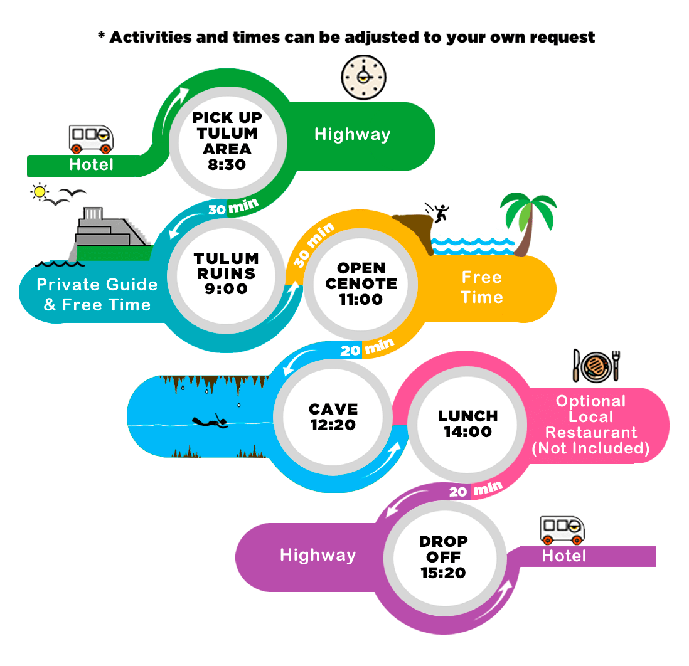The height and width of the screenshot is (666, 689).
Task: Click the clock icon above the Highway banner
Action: coord(363,77)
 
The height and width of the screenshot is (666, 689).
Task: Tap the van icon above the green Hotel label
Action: coord(91,139)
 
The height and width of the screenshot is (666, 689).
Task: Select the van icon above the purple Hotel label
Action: coord(562,531)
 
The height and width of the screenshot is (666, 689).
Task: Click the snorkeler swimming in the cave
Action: coord(210,421)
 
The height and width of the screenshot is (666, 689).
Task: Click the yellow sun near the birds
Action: coord(40,192)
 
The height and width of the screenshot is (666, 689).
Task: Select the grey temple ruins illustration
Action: coord(110,232)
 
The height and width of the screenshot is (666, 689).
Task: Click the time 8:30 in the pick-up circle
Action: coord(227,165)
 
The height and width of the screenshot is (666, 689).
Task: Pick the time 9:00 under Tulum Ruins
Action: coord(227,289)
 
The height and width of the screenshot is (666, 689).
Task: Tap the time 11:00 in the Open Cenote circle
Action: coord(361,299)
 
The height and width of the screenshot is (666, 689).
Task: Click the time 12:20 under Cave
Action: coord(333,425)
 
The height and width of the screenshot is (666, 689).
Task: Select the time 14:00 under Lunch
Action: coord(468,432)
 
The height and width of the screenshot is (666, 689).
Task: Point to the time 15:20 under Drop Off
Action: coord(443,573)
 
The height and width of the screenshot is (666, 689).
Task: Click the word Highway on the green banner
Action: coord(353,135)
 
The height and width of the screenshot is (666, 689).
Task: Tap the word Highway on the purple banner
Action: coord(318,556)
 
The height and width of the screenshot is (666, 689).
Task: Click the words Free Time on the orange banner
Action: coord(482,287)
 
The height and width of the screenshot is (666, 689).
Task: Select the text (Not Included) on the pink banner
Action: coord(590,448)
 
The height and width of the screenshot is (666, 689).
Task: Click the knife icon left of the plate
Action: coord(576,365)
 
